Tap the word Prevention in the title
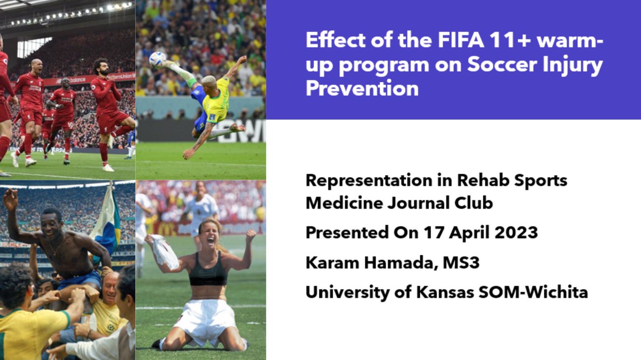pos(362,88)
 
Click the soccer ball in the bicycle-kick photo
pos(157,59)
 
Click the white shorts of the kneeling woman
pos(206,320)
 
